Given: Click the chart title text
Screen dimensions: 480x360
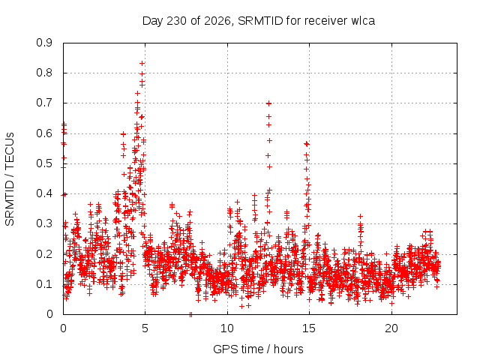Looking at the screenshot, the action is click(259, 21).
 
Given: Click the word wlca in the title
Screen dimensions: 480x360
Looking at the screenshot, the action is click(363, 21).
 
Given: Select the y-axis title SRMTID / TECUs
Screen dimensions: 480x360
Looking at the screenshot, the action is click(10, 179).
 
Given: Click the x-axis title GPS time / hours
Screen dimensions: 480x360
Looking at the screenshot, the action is click(258, 349).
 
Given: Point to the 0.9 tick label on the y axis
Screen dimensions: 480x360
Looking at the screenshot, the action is click(44, 43).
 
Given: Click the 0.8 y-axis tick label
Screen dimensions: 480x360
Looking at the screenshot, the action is click(44, 73).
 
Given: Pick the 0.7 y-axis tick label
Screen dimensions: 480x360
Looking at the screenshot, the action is click(44, 103).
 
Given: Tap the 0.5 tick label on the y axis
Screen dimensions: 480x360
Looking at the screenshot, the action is click(44, 163).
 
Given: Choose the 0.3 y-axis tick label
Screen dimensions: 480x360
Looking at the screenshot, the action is click(44, 223).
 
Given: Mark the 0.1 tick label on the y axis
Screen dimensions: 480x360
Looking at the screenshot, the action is click(44, 284).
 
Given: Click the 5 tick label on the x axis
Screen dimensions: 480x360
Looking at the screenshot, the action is click(145, 328).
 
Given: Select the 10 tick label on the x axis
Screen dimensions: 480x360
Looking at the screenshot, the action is click(226, 328).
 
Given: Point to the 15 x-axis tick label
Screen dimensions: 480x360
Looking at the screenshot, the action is click(309, 328).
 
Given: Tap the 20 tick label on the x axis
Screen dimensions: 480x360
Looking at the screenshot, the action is click(391, 328).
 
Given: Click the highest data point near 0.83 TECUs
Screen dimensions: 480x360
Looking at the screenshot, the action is click(142, 63).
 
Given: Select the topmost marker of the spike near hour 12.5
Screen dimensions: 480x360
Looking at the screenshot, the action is click(268, 103).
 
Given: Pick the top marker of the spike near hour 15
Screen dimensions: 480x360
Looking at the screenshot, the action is click(307, 143).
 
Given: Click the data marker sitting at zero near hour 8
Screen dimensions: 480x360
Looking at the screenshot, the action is click(190, 314).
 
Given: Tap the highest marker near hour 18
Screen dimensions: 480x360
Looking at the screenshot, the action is click(361, 217).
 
